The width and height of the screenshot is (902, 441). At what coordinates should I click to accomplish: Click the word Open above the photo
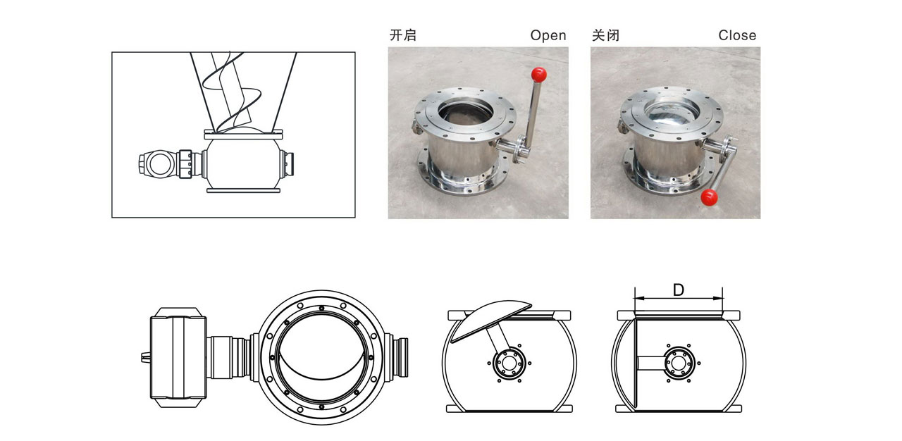pyautogui.click(x=548, y=35)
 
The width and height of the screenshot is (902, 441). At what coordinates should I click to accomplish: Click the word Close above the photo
pyautogui.click(x=737, y=35)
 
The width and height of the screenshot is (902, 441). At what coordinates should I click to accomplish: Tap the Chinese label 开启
pyautogui.click(x=402, y=35)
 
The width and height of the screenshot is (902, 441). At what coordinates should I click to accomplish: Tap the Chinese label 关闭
pyautogui.click(x=605, y=35)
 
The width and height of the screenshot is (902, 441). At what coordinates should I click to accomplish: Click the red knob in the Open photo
pyautogui.click(x=539, y=73)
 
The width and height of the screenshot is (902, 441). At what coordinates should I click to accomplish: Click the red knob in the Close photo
pyautogui.click(x=709, y=197)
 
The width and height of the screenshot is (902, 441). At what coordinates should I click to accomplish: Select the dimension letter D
pyautogui.click(x=678, y=290)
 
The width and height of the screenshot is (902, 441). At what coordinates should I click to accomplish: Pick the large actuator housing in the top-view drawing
pyautogui.click(x=178, y=357)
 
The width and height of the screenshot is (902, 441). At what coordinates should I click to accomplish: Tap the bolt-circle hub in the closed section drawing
pyautogui.click(x=678, y=363)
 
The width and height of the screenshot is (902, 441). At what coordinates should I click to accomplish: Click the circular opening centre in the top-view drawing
pyautogui.click(x=322, y=357)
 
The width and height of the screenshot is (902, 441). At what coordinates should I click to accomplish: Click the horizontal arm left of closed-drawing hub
pyautogui.click(x=650, y=363)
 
